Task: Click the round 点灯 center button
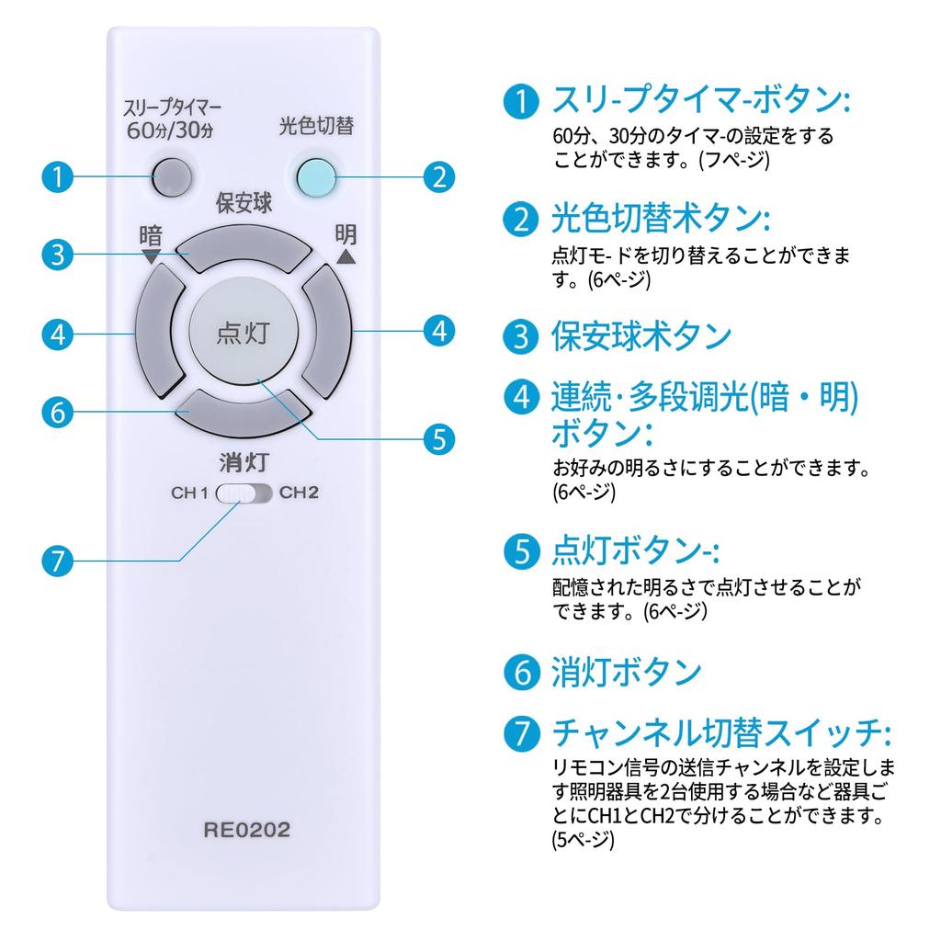[x=244, y=332]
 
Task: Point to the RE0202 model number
[x=246, y=831]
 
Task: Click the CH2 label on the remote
[x=299, y=493]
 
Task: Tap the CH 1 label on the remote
[x=190, y=493]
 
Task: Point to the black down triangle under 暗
[x=151, y=258]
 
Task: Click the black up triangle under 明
[x=346, y=257]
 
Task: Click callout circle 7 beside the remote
[x=58, y=560]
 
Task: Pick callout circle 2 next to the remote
[x=439, y=175]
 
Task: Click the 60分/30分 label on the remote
[x=170, y=129]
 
